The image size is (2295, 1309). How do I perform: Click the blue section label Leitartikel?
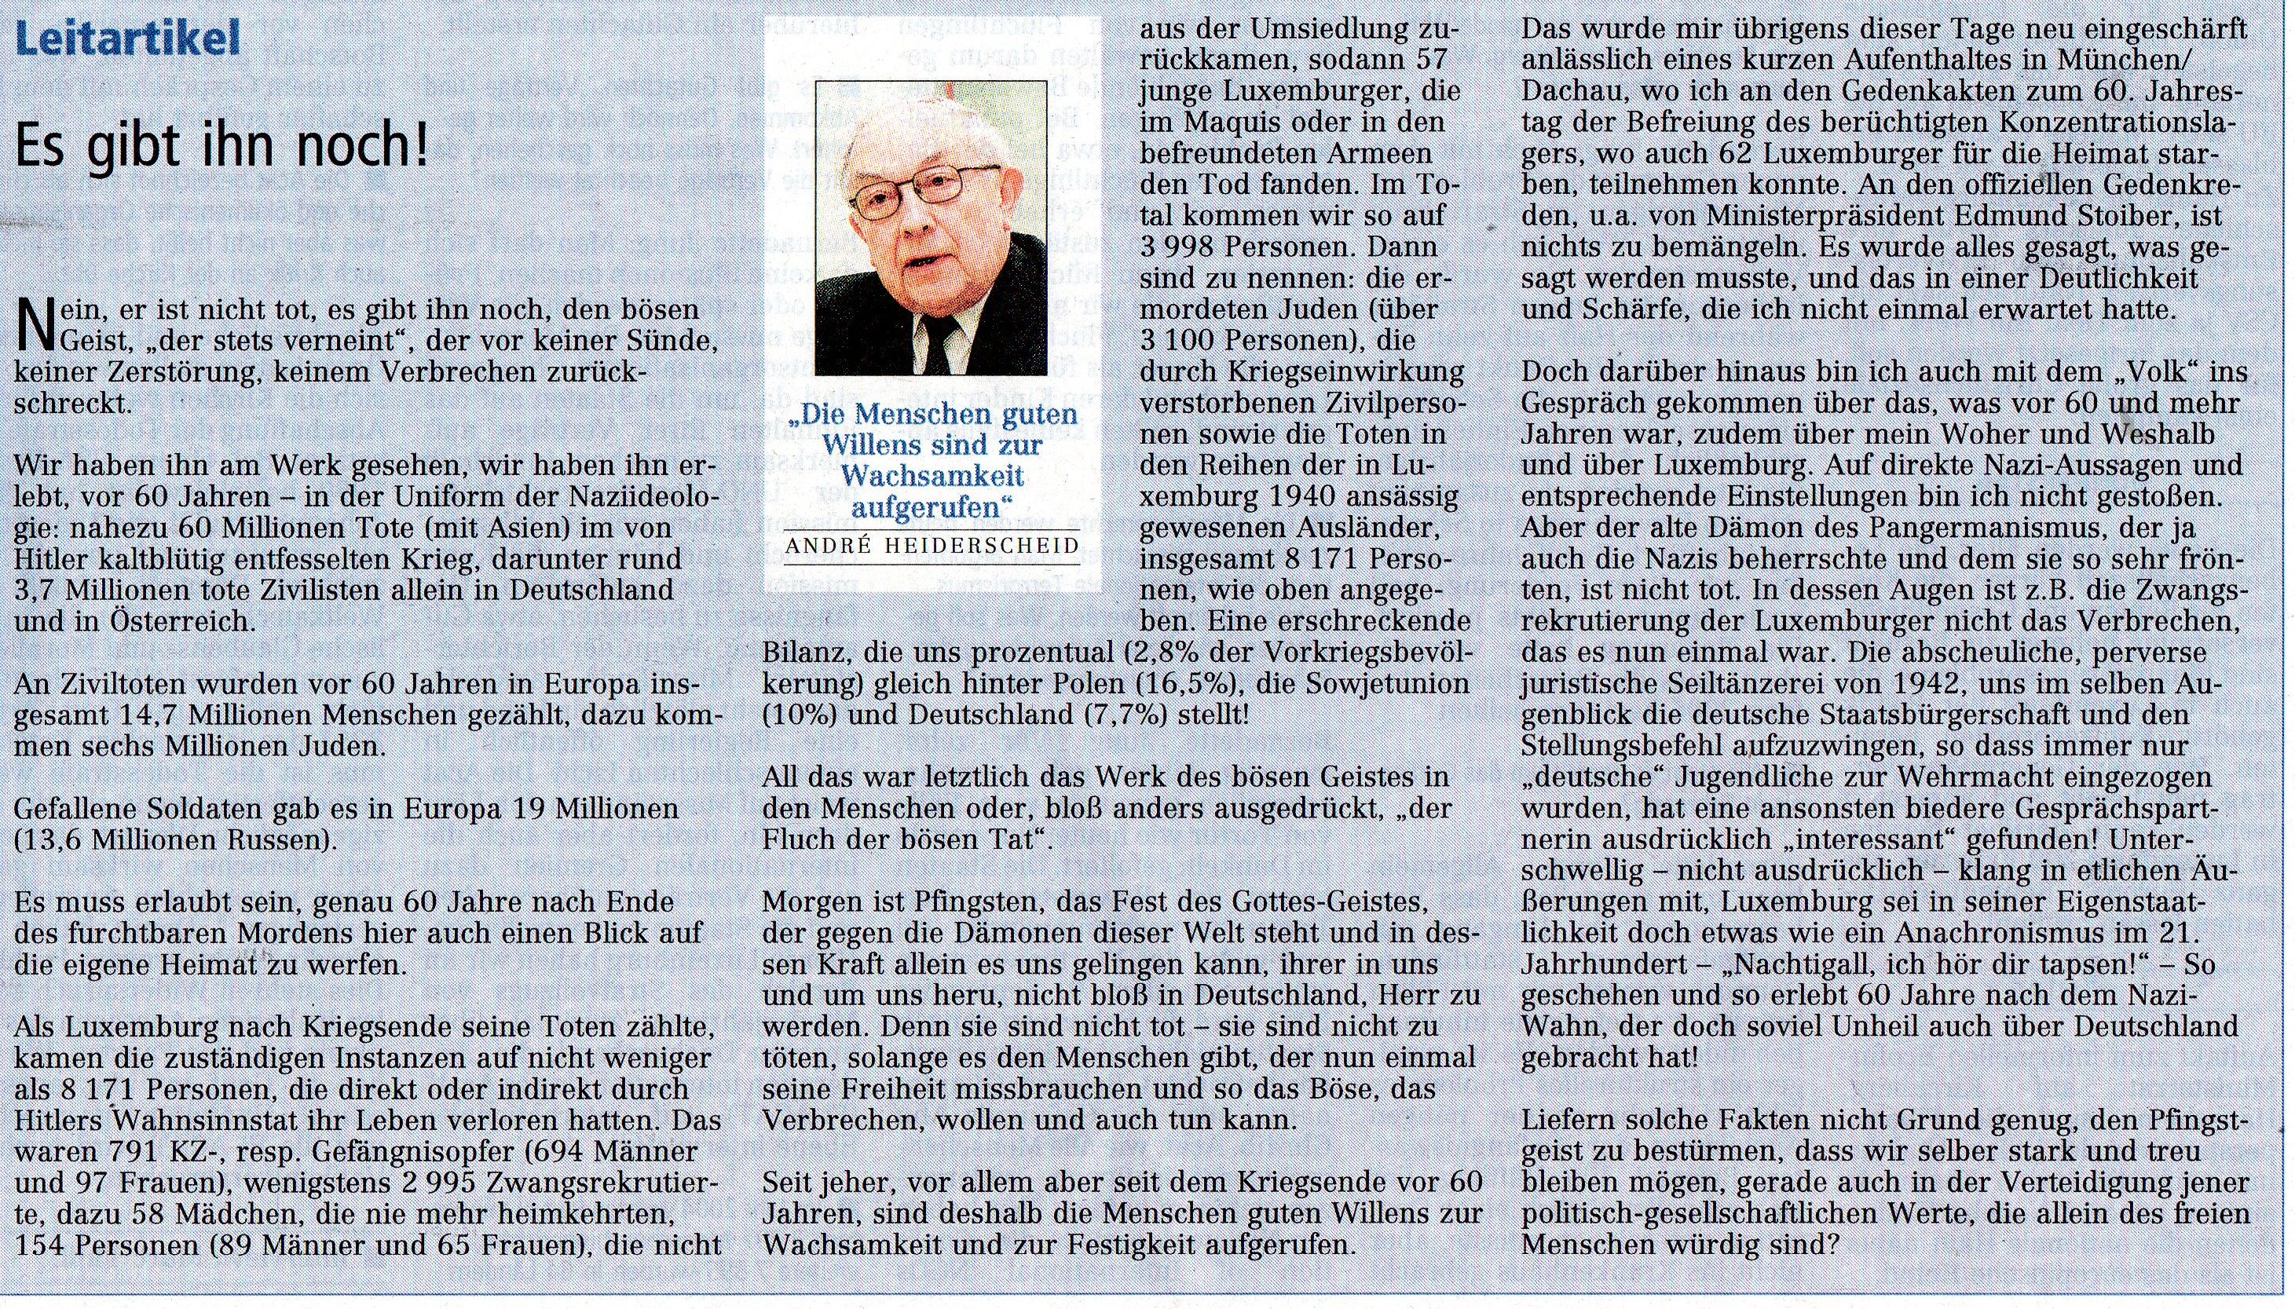coord(128,38)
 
